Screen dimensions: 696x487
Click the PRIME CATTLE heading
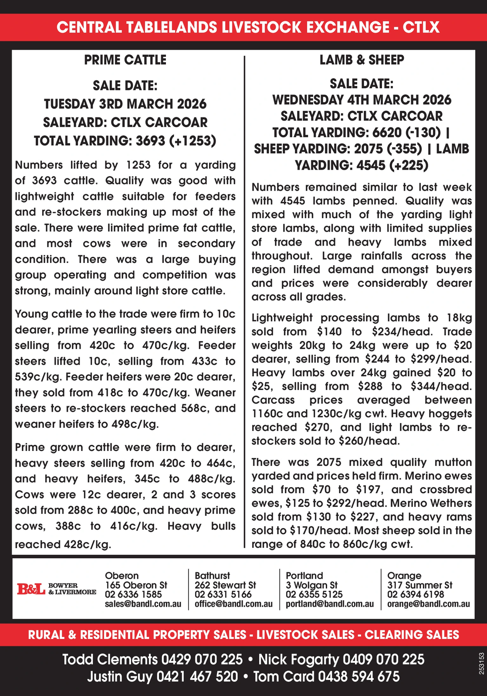pos(125,60)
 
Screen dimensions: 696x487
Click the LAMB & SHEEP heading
pos(362,60)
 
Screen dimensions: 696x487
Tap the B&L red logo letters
pos(31,589)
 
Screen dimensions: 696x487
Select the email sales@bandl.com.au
pos(143,604)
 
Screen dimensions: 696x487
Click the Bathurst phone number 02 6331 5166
pos(223,594)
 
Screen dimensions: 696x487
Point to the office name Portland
pos(304,576)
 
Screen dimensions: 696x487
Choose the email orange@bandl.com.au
pos(428,604)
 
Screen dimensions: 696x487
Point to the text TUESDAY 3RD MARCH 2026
pos(125,104)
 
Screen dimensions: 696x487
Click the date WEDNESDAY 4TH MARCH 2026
pos(362,100)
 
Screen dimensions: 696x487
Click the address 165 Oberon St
pos(136,585)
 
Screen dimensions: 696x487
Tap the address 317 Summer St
pos(419,585)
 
